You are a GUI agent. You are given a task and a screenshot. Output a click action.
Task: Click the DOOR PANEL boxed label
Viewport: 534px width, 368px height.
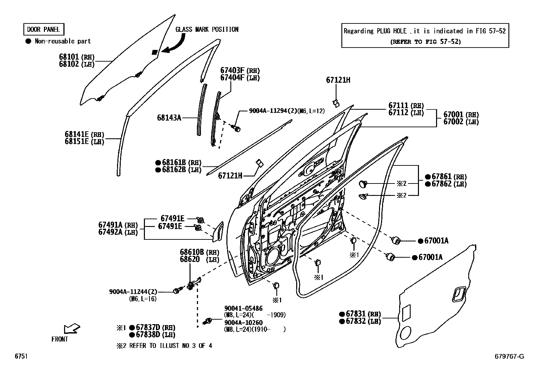tap(43, 29)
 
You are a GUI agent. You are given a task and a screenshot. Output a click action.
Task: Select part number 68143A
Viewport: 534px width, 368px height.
tap(169, 118)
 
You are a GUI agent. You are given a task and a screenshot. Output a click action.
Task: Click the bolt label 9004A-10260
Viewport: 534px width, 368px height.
tap(243, 322)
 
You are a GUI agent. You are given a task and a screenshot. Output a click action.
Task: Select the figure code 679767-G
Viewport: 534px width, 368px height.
tap(509, 356)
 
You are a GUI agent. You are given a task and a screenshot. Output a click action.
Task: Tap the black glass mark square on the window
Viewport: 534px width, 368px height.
tap(155, 52)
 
